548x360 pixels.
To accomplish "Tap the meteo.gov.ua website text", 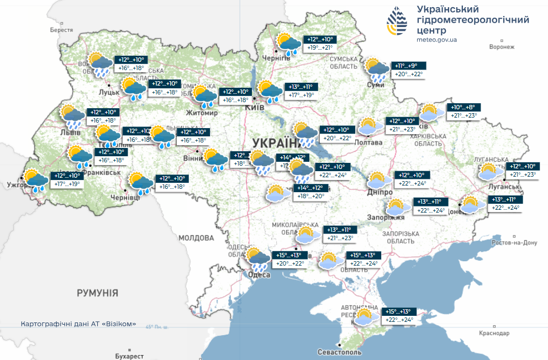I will coord(436,40).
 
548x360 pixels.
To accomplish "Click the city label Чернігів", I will coord(276,58).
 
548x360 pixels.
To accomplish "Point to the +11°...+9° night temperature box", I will coord(410,65).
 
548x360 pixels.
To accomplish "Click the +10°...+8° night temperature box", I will coord(462,107).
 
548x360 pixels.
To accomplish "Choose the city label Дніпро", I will coord(380,192).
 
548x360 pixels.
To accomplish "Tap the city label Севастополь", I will coord(339,352).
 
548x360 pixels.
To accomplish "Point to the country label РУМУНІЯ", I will coord(97,292).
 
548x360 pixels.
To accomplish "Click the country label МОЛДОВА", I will coord(196,238).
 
